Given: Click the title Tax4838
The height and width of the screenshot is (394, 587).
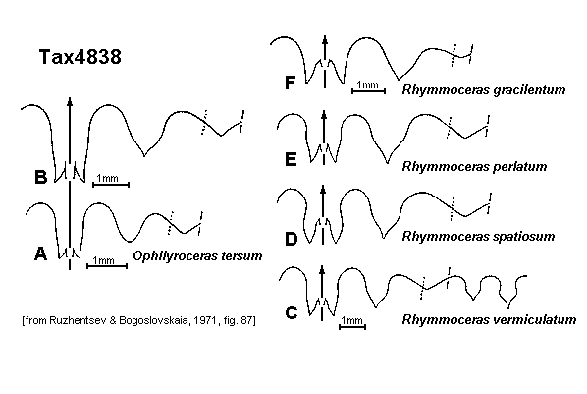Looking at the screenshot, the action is (x=80, y=57).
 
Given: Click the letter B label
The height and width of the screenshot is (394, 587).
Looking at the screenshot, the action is (x=41, y=177).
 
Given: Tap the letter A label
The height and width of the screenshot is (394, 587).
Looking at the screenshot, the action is (x=41, y=253).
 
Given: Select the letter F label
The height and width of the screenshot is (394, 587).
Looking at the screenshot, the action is (x=291, y=83).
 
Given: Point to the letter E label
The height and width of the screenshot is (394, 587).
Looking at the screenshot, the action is (x=291, y=159).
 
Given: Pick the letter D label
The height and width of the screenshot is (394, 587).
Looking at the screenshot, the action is (x=291, y=239).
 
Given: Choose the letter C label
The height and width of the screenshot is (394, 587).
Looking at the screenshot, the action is (x=292, y=312).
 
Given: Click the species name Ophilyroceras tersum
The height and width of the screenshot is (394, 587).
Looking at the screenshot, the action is (x=197, y=256).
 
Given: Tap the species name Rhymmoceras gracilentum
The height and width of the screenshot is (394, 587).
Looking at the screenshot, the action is (x=484, y=90).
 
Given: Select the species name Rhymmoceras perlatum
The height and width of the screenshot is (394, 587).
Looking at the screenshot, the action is (x=474, y=166).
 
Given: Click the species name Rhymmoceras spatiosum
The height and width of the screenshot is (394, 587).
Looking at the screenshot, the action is (x=478, y=236).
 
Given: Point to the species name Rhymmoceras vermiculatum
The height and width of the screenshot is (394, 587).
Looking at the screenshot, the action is (x=489, y=319).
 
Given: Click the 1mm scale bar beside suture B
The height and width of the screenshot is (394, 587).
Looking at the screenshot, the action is (x=111, y=184).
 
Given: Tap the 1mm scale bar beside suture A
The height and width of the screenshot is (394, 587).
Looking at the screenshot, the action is (x=107, y=266).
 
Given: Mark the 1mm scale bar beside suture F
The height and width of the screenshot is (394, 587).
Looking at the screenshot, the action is (x=369, y=90).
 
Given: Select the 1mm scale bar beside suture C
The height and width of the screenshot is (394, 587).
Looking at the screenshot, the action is (x=352, y=327).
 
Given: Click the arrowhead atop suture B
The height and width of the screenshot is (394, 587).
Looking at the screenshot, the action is (x=70, y=100).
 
